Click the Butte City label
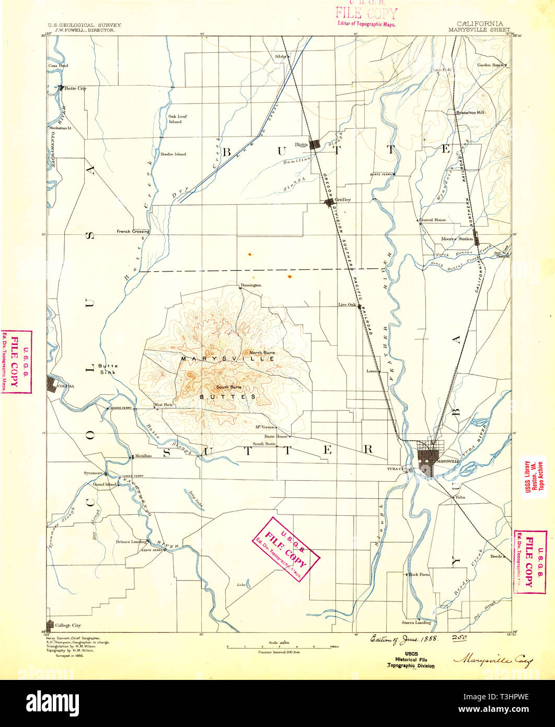(75, 88)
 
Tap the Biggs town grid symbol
(315, 144)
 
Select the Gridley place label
(343, 200)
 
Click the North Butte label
(262, 353)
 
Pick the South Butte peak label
(229, 387)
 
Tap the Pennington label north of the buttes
(250, 285)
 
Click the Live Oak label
(346, 304)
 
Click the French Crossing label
(133, 231)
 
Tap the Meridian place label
(143, 456)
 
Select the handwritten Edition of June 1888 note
(404, 639)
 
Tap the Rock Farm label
(420, 574)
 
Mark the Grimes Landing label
(131, 542)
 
